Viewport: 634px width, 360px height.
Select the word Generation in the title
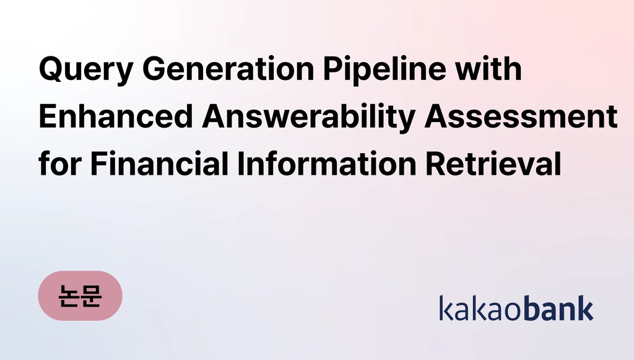point(228,69)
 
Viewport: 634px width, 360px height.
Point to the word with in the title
point(489,68)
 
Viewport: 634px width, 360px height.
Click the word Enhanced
point(116,116)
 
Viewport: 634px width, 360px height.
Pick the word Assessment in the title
point(521,116)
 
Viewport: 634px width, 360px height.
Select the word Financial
point(159,164)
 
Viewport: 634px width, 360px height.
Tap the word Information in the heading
point(327,164)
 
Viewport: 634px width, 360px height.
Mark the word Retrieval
point(493,164)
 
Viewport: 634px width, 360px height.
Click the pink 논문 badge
point(80,296)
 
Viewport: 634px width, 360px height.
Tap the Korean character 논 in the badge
point(68,296)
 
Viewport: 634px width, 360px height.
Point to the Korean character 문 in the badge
point(92,296)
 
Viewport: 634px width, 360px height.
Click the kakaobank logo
point(516,308)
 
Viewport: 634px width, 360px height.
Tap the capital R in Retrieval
point(436,164)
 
